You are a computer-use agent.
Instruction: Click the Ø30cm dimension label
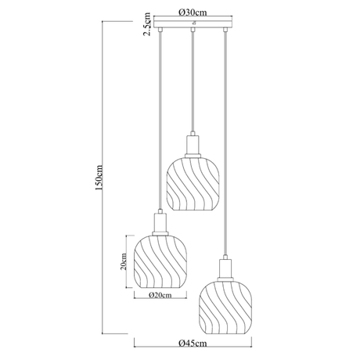coord(193,13)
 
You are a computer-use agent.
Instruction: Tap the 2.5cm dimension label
coord(147,24)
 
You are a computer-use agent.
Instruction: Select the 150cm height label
coord(99,178)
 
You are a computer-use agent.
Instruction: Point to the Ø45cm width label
coord(193,343)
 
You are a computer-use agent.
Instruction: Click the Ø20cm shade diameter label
coord(160,295)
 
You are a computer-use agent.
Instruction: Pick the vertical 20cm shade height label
coord(124,261)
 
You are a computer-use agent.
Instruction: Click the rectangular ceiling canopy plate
coord(193,22)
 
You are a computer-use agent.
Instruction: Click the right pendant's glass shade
coord(225,308)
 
